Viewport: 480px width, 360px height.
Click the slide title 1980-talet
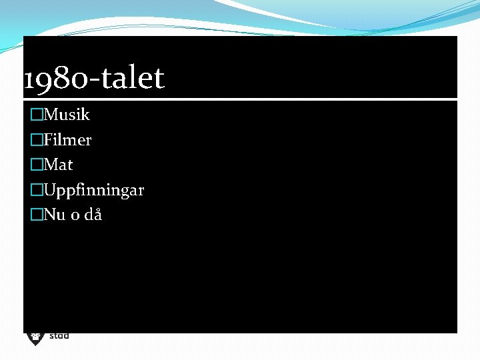point(93,79)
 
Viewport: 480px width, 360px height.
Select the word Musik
point(67,115)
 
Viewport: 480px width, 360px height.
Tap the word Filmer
point(67,140)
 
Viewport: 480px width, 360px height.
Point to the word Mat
point(59,164)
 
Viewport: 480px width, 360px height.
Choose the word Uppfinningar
point(94,191)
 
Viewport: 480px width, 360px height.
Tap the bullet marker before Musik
point(37,115)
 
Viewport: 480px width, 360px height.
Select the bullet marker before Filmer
point(37,140)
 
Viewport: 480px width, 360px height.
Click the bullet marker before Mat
point(37,164)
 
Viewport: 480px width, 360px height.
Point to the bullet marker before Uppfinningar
point(37,190)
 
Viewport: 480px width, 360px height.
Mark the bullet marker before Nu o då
point(37,215)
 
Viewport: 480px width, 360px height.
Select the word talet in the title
point(130,79)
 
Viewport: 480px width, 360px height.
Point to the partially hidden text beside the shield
point(59,336)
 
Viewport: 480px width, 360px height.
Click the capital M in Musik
point(51,115)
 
